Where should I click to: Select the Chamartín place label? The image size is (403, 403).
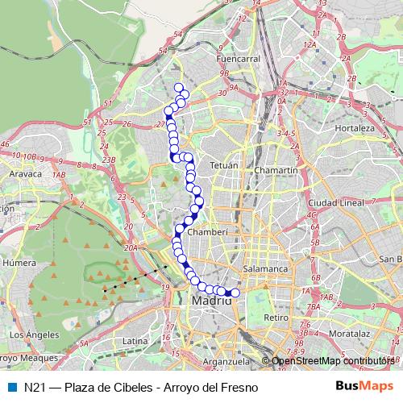pos(276,171)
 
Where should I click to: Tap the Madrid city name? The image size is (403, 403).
pos(212,301)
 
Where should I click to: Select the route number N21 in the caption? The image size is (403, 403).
pos(34,387)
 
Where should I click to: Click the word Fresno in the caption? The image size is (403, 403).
pos(239,387)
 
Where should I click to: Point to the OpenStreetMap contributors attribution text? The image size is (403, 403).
pos(333,361)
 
